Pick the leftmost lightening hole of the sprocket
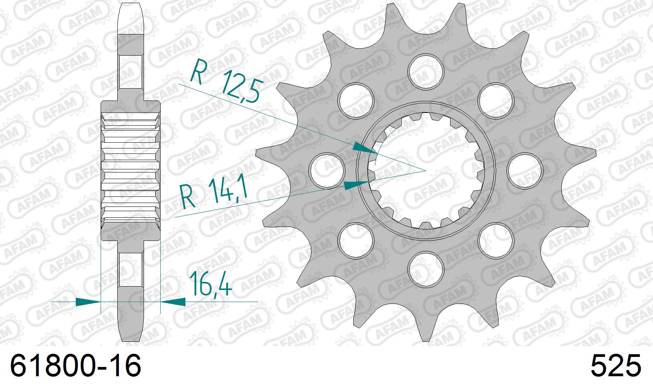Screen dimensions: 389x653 tap(328, 169)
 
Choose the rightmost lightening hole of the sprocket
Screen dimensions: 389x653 tap(524, 169)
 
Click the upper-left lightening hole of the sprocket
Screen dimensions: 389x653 tap(356, 100)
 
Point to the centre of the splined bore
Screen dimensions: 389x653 tap(426, 170)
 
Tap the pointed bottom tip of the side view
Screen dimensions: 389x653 tap(130, 340)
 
